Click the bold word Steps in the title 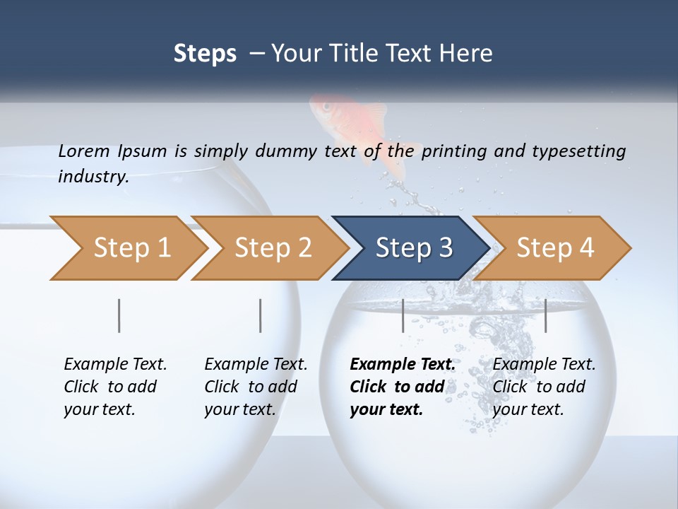[205, 53]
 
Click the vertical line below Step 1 [119, 315]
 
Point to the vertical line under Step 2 [261, 315]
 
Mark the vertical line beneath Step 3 [403, 315]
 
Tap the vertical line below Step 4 [545, 315]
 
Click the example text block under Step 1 [115, 387]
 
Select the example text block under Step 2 [256, 387]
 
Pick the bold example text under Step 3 [402, 387]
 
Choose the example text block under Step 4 [544, 387]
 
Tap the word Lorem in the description [84, 151]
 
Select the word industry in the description [93, 177]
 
